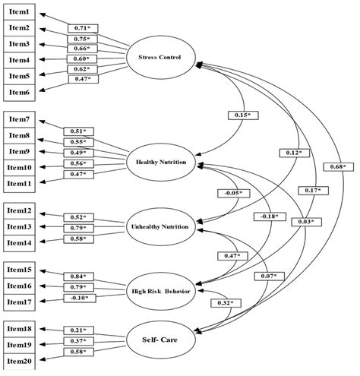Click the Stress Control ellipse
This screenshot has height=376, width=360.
(x=160, y=58)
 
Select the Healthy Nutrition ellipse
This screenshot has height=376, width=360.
(x=161, y=162)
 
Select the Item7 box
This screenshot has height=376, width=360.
(x=21, y=119)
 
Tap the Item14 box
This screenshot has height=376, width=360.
(x=21, y=242)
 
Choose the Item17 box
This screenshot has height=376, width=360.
(x=21, y=301)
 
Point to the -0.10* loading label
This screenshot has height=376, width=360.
(x=79, y=297)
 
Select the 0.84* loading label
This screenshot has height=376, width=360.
(x=79, y=276)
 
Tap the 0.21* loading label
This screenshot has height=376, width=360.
(x=79, y=330)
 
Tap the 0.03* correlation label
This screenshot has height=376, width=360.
(x=306, y=221)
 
